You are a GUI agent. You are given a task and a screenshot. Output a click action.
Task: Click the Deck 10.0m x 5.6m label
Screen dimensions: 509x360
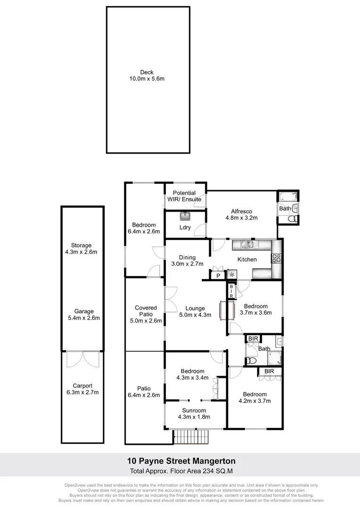click(x=147, y=75)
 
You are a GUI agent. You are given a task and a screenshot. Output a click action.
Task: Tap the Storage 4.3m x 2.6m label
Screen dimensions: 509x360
click(x=82, y=248)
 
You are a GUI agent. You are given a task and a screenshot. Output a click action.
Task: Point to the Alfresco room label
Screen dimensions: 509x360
click(x=242, y=215)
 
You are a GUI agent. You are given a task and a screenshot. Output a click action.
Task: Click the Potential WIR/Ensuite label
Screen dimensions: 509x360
click(x=184, y=196)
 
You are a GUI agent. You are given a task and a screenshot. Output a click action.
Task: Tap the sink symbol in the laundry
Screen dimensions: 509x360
click(x=185, y=216)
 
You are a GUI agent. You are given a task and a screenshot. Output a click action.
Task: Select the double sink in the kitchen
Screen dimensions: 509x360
click(x=247, y=244)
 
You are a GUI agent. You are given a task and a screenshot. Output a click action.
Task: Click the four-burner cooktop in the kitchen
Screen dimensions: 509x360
click(x=276, y=258)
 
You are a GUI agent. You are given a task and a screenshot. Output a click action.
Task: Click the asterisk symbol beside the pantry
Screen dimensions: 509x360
click(x=232, y=275)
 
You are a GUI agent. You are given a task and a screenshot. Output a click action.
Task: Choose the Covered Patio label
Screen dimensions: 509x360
click(x=146, y=314)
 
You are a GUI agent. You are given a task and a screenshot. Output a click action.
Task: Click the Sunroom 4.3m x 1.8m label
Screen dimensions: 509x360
click(x=194, y=413)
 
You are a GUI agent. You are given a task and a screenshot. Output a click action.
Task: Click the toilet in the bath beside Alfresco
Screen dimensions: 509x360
click(x=292, y=219)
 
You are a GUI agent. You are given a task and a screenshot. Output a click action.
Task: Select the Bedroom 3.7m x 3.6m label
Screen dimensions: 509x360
click(x=255, y=309)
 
